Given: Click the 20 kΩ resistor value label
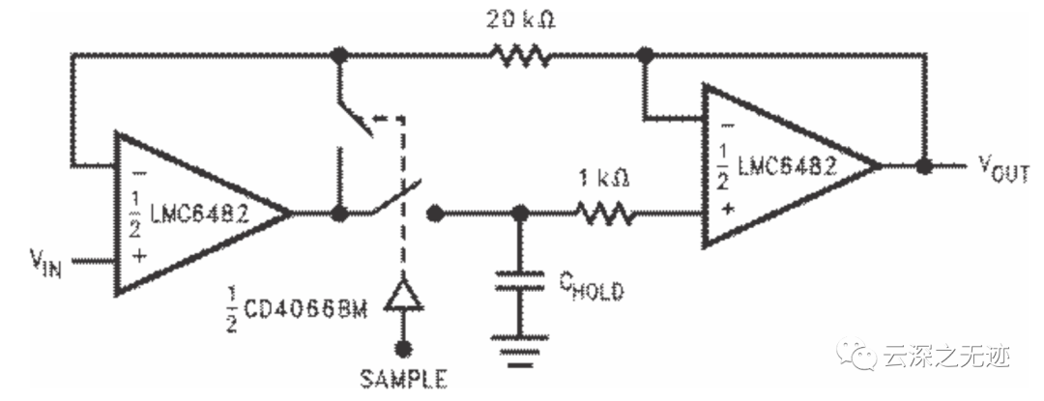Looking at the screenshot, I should point(521,20).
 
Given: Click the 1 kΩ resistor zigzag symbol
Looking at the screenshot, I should point(605,213).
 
